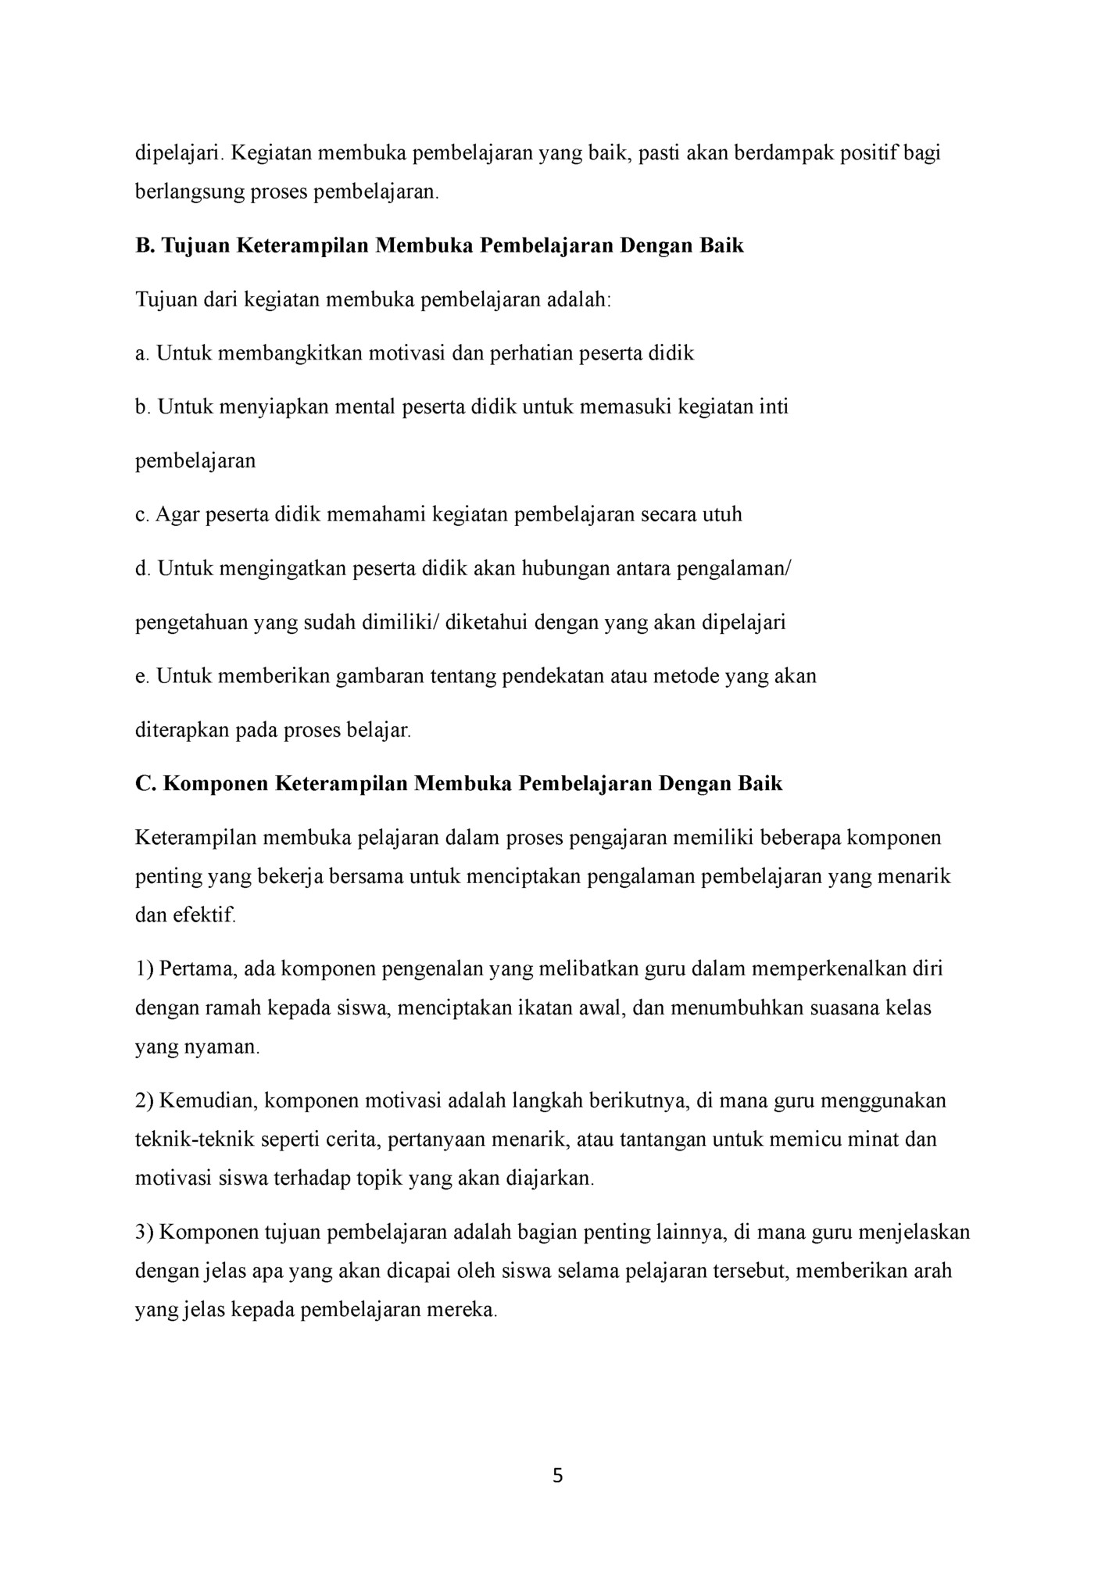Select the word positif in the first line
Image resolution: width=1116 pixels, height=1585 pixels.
[x=863, y=153]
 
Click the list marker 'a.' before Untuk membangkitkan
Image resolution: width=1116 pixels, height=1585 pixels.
[x=141, y=354]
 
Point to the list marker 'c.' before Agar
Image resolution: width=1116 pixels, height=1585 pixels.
[x=141, y=515]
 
